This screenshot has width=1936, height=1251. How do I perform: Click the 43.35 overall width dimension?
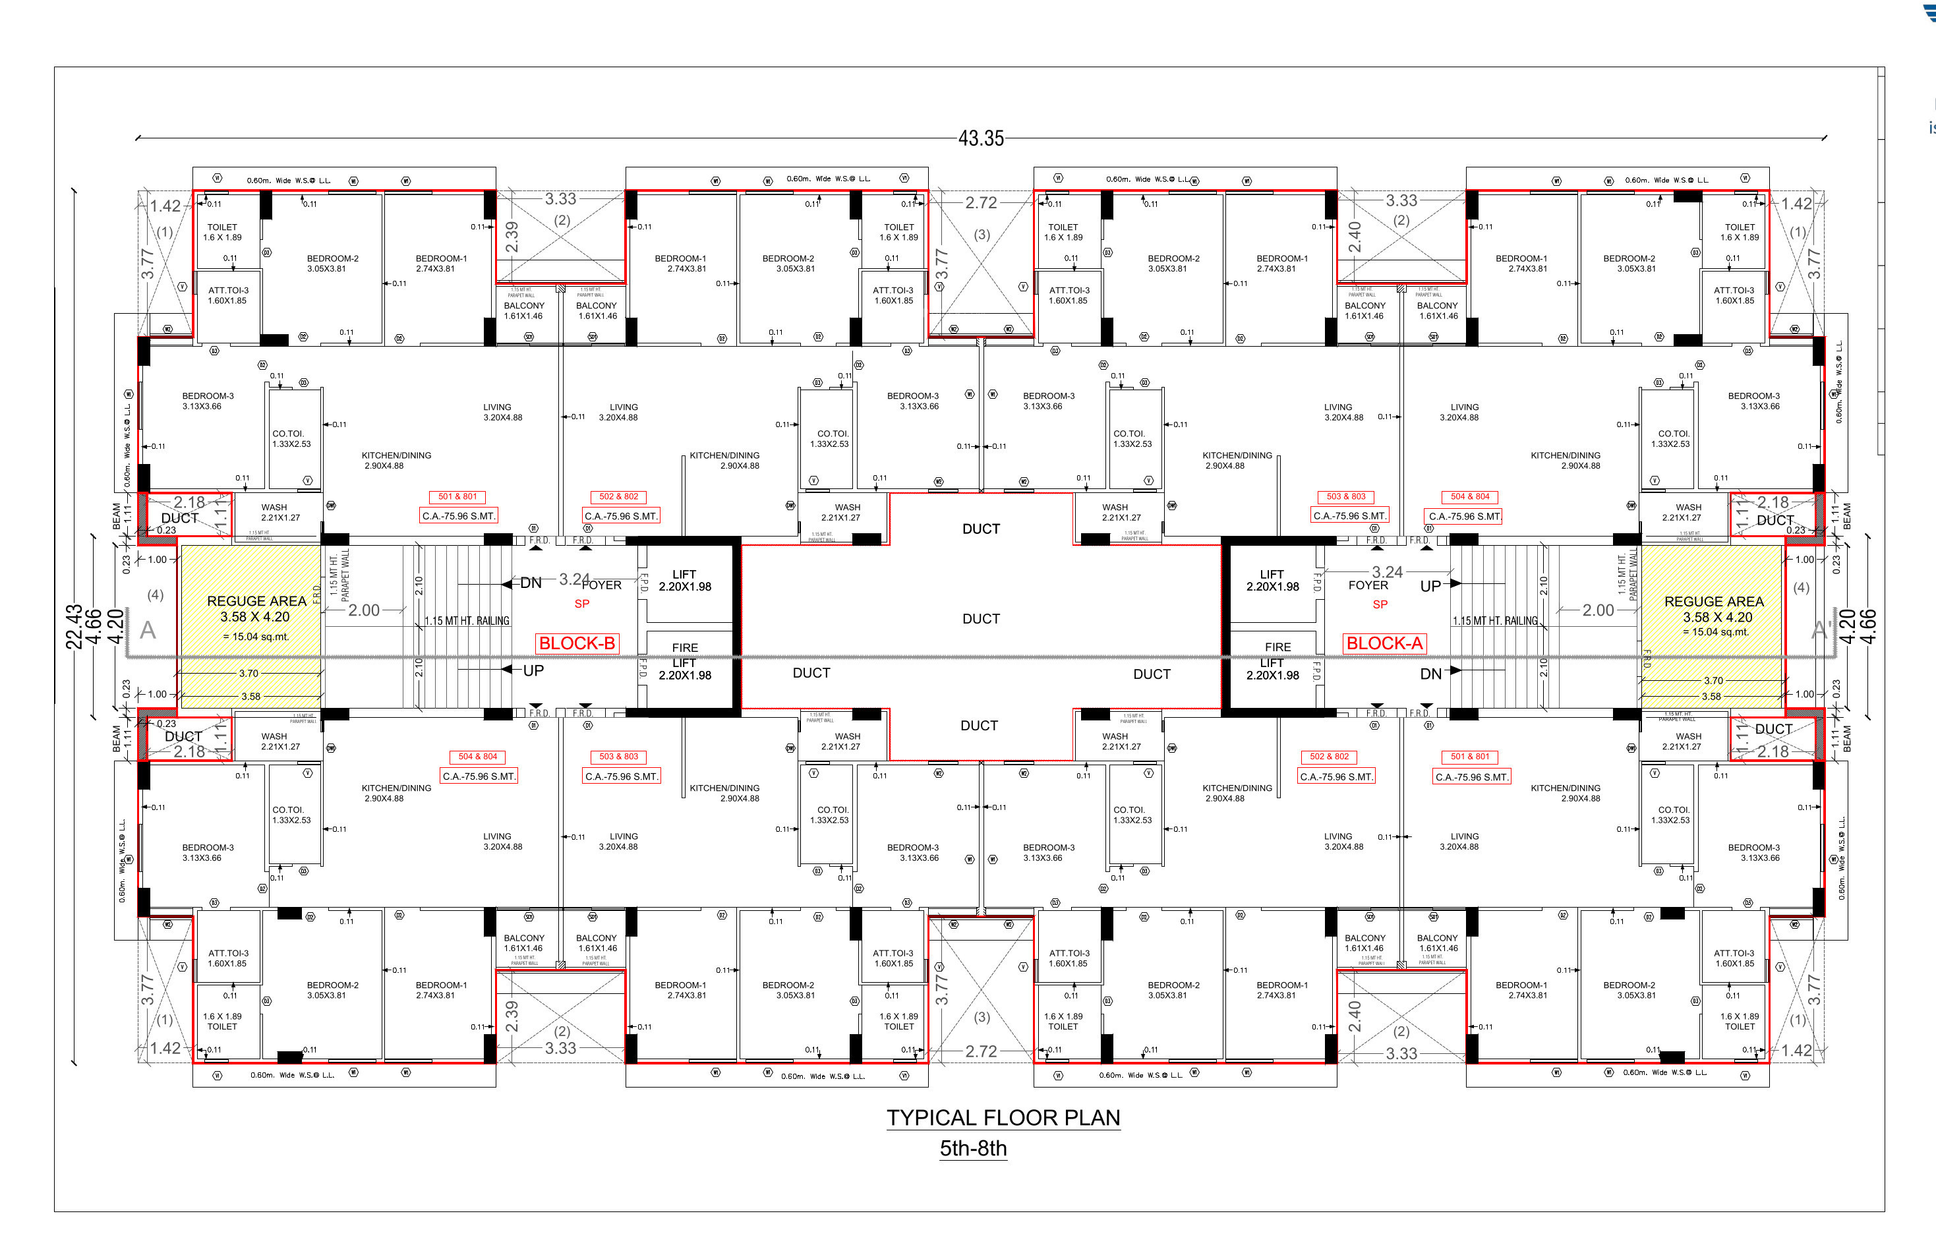[x=981, y=138]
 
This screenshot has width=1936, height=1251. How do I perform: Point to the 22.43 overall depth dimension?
[x=74, y=626]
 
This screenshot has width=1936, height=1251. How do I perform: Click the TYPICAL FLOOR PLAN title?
[x=1003, y=1118]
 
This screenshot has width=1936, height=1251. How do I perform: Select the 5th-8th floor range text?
[x=974, y=1149]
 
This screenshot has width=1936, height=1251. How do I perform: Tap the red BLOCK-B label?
[x=577, y=643]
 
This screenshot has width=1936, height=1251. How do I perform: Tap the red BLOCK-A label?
[x=1384, y=643]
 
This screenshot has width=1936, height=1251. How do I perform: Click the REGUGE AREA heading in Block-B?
[x=256, y=601]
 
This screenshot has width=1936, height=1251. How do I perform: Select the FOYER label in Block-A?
[x=1368, y=585]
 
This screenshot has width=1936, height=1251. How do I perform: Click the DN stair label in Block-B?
[x=531, y=583]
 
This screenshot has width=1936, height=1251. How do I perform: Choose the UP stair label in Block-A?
[x=1430, y=586]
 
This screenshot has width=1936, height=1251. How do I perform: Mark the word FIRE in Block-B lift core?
[x=685, y=647]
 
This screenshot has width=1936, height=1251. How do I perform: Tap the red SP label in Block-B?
[x=581, y=604]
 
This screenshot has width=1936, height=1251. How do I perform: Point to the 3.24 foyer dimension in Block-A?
[x=1388, y=572]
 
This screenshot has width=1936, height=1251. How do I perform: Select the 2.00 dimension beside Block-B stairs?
[x=364, y=610]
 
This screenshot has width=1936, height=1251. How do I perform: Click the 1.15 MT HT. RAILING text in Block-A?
[x=1495, y=622]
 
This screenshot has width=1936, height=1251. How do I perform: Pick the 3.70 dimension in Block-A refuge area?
[x=1713, y=681]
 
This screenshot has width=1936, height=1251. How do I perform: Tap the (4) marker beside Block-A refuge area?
[x=1801, y=587]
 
